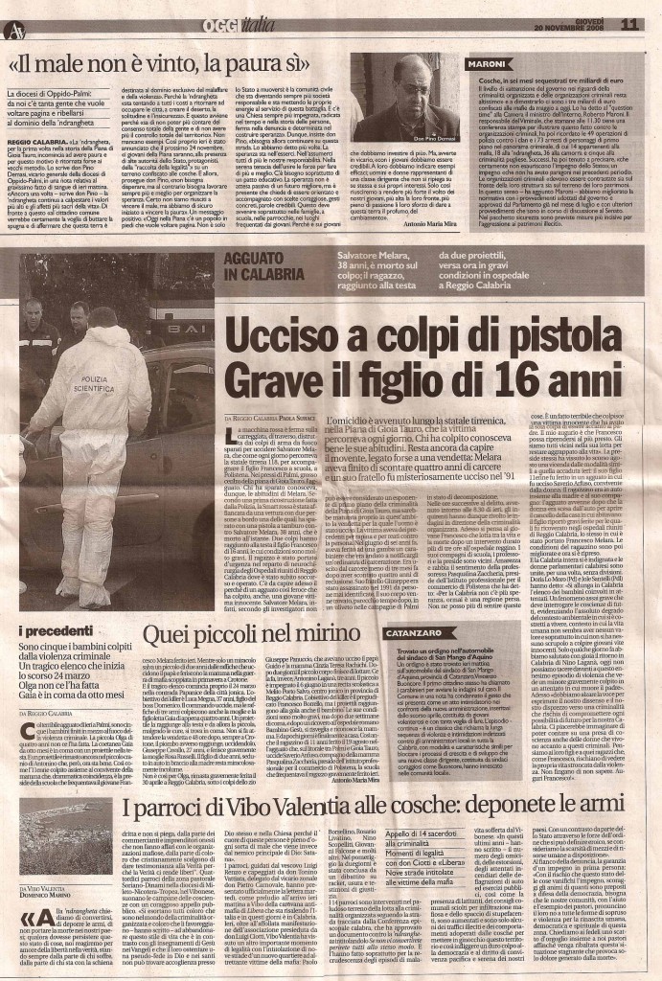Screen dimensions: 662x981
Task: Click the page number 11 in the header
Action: [628, 23]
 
